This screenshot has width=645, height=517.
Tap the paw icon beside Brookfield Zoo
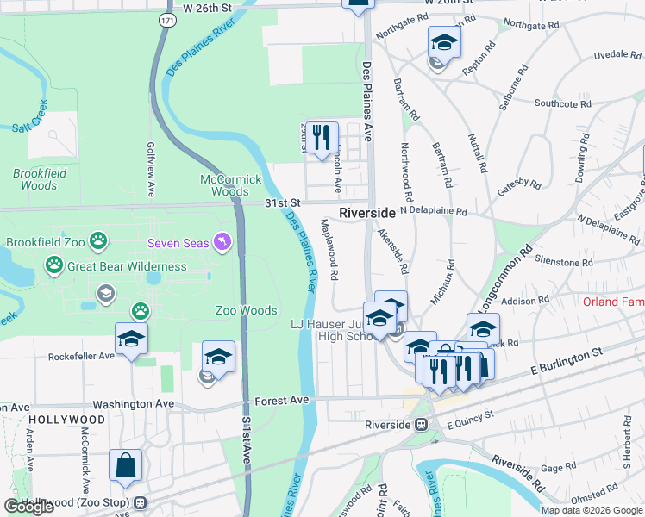(x=100, y=243)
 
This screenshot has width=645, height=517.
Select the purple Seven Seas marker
(x=223, y=243)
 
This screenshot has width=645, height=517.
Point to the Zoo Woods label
(x=247, y=310)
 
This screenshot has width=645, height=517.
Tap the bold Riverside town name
(x=367, y=212)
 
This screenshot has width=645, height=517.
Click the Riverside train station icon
(x=422, y=425)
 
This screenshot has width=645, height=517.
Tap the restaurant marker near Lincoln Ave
(x=322, y=137)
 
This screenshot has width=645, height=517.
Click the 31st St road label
(x=281, y=202)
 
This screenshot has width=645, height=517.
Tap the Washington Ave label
(x=134, y=403)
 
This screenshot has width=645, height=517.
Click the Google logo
(x=28, y=506)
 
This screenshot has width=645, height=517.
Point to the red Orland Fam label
(x=611, y=302)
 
